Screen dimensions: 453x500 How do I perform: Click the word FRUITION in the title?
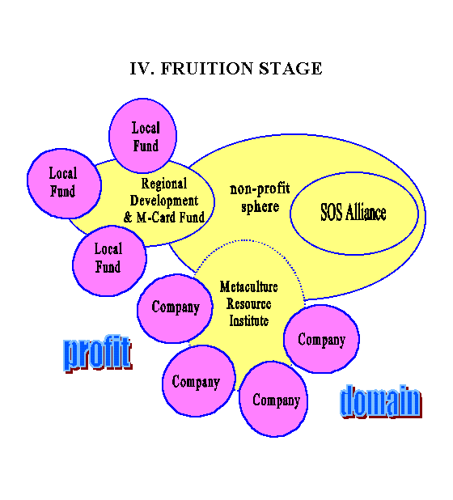[x=206, y=69]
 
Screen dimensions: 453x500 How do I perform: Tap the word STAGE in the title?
[x=290, y=69]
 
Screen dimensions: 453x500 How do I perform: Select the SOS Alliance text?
[x=354, y=212]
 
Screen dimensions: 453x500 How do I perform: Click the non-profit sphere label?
[x=260, y=197]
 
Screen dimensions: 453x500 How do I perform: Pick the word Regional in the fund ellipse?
[x=164, y=184]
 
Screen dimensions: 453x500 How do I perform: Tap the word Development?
[x=164, y=201]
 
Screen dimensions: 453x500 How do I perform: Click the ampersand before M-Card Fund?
[x=128, y=218]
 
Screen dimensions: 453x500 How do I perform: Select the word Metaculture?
[x=248, y=286]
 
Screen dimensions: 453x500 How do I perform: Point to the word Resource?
[x=248, y=303]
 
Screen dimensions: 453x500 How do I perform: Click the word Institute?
[x=248, y=320]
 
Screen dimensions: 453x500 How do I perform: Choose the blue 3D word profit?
[x=98, y=354]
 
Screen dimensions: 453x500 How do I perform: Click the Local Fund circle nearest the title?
[x=143, y=136]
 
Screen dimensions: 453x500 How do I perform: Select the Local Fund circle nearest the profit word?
[x=109, y=261]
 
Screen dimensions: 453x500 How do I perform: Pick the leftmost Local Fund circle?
[x=64, y=184]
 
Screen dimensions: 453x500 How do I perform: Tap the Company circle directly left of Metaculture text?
[x=175, y=308]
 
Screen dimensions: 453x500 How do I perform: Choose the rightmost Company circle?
[x=321, y=339]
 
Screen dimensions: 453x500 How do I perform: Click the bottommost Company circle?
[x=273, y=399]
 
